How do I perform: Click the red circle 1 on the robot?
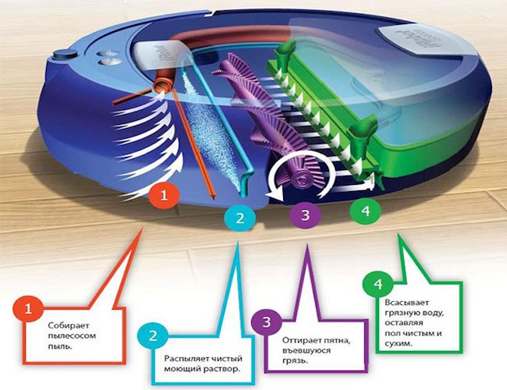pos(164,196)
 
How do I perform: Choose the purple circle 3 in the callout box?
pos(266,321)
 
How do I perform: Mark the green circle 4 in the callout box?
pos(378,285)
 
